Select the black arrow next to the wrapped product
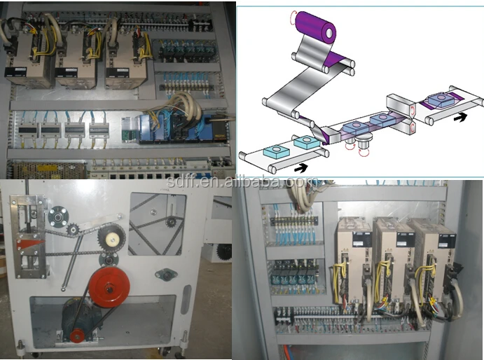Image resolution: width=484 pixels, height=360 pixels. click(x=459, y=117)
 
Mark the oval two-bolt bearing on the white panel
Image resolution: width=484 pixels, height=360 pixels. click(x=166, y=273)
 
